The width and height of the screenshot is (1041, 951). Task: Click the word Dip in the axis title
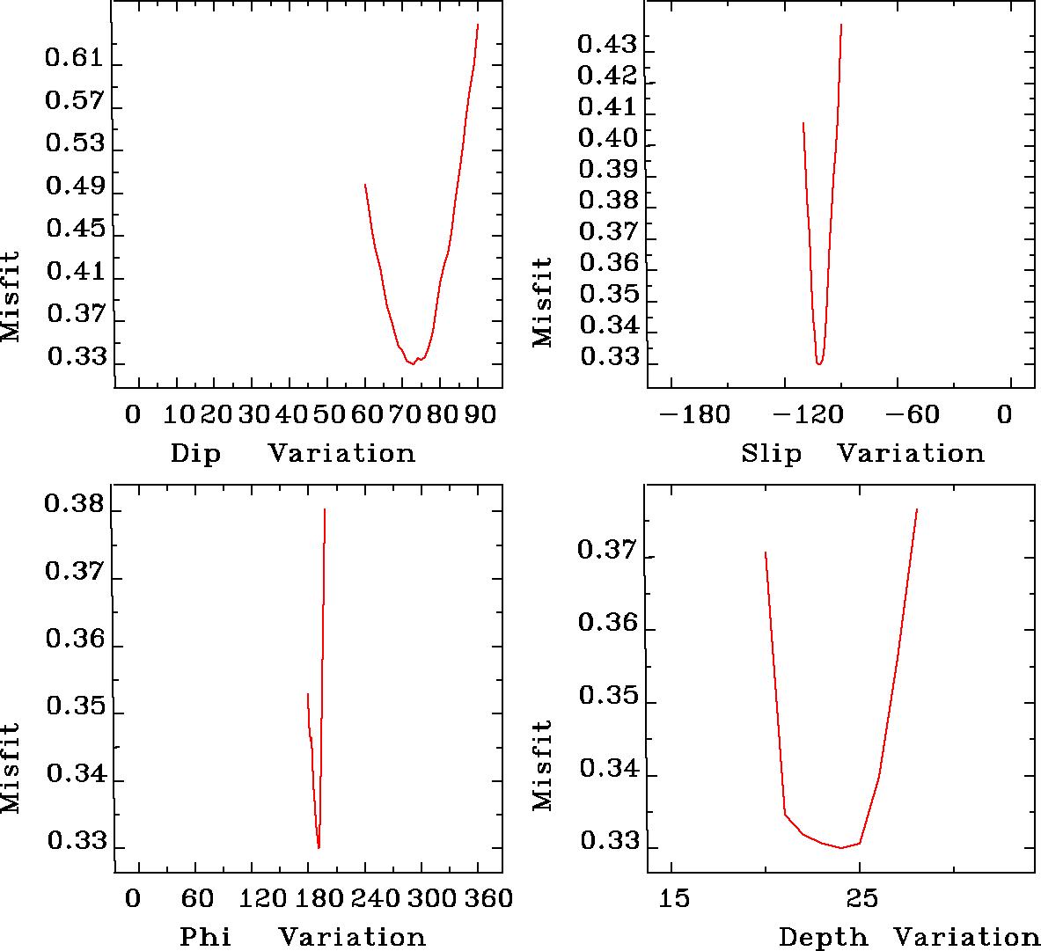point(195,454)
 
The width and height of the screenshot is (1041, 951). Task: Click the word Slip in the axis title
point(771,454)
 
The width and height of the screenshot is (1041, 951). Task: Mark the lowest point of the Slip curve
point(819,363)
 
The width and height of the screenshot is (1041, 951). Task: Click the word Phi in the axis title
point(205,938)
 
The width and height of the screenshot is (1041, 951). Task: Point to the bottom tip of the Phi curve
point(319,848)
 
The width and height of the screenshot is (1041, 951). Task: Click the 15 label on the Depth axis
point(674,899)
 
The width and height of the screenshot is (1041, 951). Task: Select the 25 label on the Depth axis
point(861,899)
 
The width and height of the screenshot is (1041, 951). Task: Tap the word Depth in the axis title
point(822,938)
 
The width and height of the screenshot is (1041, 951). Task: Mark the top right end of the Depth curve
point(917,509)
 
